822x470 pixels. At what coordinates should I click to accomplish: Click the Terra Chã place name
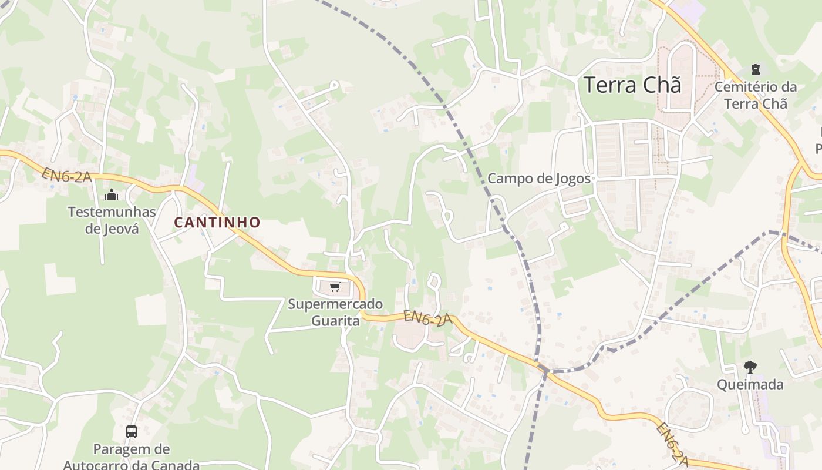[632, 85]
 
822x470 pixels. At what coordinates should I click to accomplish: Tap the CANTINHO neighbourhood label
[217, 223]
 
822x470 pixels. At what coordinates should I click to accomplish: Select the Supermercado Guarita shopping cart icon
[335, 287]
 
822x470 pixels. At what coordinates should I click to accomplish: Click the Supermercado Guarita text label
[335, 312]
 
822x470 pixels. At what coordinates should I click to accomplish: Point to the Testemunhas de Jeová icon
[112, 194]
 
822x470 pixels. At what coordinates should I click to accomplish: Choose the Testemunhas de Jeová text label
[112, 220]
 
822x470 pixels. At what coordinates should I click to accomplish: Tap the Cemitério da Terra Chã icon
[756, 69]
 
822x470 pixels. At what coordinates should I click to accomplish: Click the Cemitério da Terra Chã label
[756, 95]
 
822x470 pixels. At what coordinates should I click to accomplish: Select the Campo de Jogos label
[539, 179]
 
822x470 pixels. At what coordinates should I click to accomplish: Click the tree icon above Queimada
[750, 368]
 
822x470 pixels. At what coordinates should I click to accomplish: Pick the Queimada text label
[750, 385]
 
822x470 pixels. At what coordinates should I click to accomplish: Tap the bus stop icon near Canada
[132, 432]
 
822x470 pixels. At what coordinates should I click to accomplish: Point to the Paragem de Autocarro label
[132, 457]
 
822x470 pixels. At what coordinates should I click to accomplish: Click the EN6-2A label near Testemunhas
[66, 174]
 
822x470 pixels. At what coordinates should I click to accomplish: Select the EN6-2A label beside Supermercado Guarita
[427, 318]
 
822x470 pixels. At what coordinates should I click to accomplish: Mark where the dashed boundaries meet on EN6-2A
[545, 371]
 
